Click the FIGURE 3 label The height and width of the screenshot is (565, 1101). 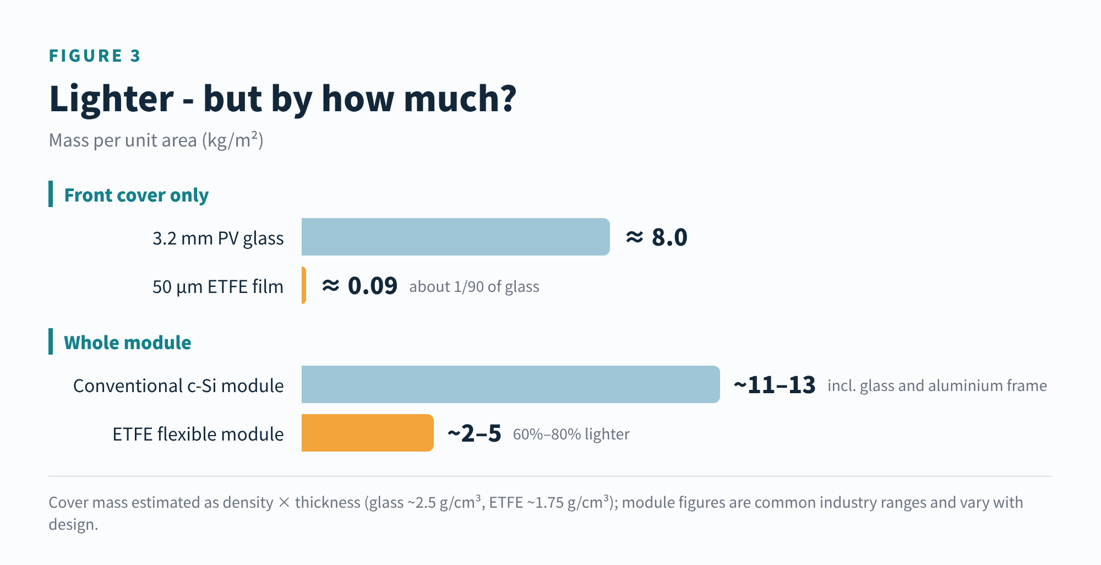[x=95, y=56]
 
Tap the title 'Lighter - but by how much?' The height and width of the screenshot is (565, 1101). [x=283, y=99]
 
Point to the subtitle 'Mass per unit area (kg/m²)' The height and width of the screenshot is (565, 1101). [x=156, y=140]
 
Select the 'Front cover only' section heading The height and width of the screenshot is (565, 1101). [x=137, y=195]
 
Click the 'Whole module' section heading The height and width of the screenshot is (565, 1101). [x=128, y=343]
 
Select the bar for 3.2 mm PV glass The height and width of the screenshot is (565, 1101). [x=456, y=237]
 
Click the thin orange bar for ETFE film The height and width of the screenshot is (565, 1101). [x=304, y=285]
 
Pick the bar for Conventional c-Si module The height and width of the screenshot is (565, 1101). [x=511, y=384]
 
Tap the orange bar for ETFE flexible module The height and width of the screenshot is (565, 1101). [x=368, y=433]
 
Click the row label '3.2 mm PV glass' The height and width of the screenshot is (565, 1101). [x=218, y=238]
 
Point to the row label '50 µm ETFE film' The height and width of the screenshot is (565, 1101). [x=218, y=287]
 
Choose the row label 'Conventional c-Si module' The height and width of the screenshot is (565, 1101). [x=178, y=385]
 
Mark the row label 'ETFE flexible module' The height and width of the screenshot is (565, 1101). [x=198, y=434]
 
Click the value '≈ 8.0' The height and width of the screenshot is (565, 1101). [x=657, y=237]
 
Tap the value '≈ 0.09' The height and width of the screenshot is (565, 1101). [x=359, y=286]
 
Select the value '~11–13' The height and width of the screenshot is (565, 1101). [x=775, y=385]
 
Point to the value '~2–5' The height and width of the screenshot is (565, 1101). [x=474, y=433]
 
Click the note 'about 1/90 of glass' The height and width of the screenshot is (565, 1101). [x=474, y=287]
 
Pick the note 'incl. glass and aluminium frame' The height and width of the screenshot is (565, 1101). [x=937, y=385]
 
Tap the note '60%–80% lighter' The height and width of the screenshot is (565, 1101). [x=571, y=434]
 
